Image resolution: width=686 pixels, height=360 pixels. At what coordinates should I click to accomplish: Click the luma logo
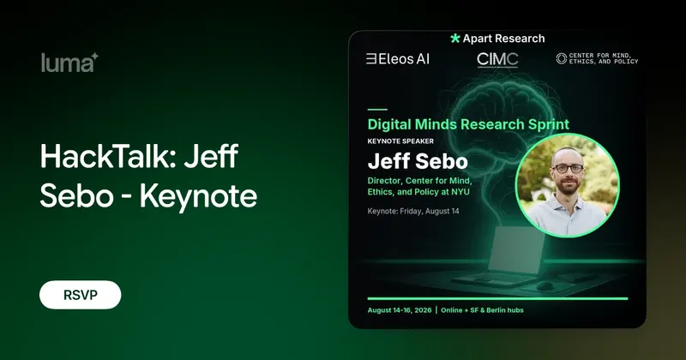(69, 63)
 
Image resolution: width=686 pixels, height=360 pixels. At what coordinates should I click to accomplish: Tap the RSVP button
(80, 295)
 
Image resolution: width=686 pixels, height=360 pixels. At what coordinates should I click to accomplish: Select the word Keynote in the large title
(198, 196)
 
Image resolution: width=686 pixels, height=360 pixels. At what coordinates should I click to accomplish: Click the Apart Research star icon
(455, 39)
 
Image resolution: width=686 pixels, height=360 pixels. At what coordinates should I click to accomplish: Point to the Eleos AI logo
(398, 59)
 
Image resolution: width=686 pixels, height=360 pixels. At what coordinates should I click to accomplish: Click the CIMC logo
(497, 60)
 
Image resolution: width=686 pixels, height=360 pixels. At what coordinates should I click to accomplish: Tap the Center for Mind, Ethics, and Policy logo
(597, 58)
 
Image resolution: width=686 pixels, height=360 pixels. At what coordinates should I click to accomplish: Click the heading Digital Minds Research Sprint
(468, 124)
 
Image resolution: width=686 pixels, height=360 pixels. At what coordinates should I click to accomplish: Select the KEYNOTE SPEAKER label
(400, 141)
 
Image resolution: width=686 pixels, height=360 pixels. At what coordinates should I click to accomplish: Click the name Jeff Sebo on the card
(418, 161)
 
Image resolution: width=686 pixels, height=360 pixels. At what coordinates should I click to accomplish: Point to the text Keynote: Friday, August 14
(413, 211)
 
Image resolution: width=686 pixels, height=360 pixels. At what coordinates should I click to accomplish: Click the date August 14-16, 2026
(400, 310)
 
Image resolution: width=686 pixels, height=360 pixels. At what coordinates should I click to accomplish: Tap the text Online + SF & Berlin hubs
(482, 310)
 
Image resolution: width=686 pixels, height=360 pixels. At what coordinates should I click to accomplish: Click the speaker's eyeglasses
(568, 168)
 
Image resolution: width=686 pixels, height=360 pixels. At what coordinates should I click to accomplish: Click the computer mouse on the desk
(545, 286)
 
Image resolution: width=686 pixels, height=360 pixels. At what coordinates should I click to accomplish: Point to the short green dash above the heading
(377, 110)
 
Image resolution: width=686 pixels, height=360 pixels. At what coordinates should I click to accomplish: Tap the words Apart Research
(504, 39)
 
